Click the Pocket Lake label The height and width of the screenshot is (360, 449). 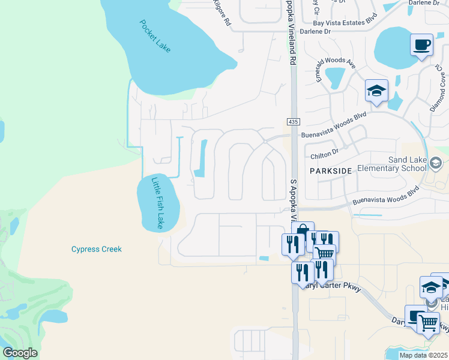tap(155, 37)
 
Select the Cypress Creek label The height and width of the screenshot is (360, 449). tap(96, 249)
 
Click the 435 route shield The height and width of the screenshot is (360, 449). tap(293, 122)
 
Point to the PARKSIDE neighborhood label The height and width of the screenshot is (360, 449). tap(330, 171)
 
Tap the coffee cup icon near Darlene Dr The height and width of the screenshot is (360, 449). tap(421, 44)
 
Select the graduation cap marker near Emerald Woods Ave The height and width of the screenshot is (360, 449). tap(377, 91)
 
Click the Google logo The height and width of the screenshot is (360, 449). tap(20, 353)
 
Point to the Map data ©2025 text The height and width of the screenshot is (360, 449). tap(423, 355)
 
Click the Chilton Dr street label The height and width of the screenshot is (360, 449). tap(325, 153)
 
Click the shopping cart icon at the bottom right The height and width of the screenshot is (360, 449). tap(428, 323)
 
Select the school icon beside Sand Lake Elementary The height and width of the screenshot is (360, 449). tap(436, 163)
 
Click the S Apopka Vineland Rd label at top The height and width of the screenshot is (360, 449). tap(291, 33)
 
